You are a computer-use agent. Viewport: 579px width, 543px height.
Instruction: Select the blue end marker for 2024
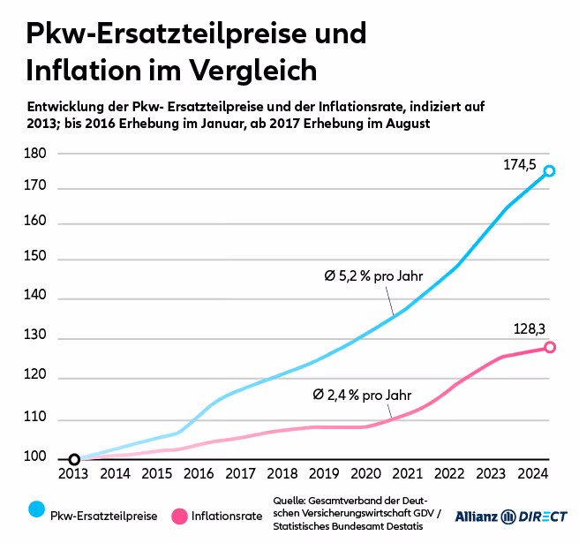point(549,170)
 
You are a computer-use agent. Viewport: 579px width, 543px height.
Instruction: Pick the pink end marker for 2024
point(549,348)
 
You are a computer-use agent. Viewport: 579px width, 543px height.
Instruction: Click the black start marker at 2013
point(74,459)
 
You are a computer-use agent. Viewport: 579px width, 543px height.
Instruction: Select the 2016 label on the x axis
point(199,474)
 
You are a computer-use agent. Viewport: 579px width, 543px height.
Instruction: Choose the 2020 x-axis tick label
point(366,474)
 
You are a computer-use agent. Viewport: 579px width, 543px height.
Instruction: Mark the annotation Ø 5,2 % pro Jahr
point(373,276)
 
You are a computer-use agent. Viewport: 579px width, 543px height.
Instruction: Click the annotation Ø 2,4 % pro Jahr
point(363,395)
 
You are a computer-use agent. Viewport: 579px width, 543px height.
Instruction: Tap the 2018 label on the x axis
point(282,474)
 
